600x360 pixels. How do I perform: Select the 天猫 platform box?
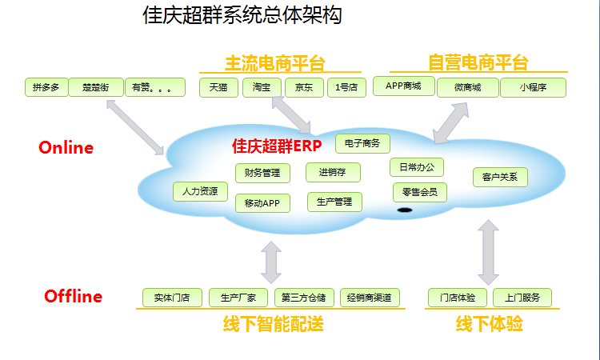tap(218, 87)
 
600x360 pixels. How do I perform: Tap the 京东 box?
tap(304, 87)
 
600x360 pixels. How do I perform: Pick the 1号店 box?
tap(346, 87)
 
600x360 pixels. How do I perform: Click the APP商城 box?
tap(403, 86)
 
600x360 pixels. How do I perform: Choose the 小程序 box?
tap(533, 87)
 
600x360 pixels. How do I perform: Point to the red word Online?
tap(66, 148)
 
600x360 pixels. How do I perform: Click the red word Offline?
tap(73, 296)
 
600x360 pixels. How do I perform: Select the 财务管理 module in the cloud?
tap(262, 172)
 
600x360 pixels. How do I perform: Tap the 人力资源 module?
tap(200, 192)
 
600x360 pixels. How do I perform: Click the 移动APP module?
tap(262, 202)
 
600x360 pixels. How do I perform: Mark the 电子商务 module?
tap(362, 143)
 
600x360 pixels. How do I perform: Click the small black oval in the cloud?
tap(405, 210)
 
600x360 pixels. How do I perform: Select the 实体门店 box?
tap(172, 298)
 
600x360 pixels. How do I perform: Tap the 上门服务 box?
tap(522, 298)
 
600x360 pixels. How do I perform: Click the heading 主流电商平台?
tap(275, 63)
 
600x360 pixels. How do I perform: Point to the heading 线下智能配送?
tap(273, 325)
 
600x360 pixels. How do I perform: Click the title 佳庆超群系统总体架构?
tap(242, 16)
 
